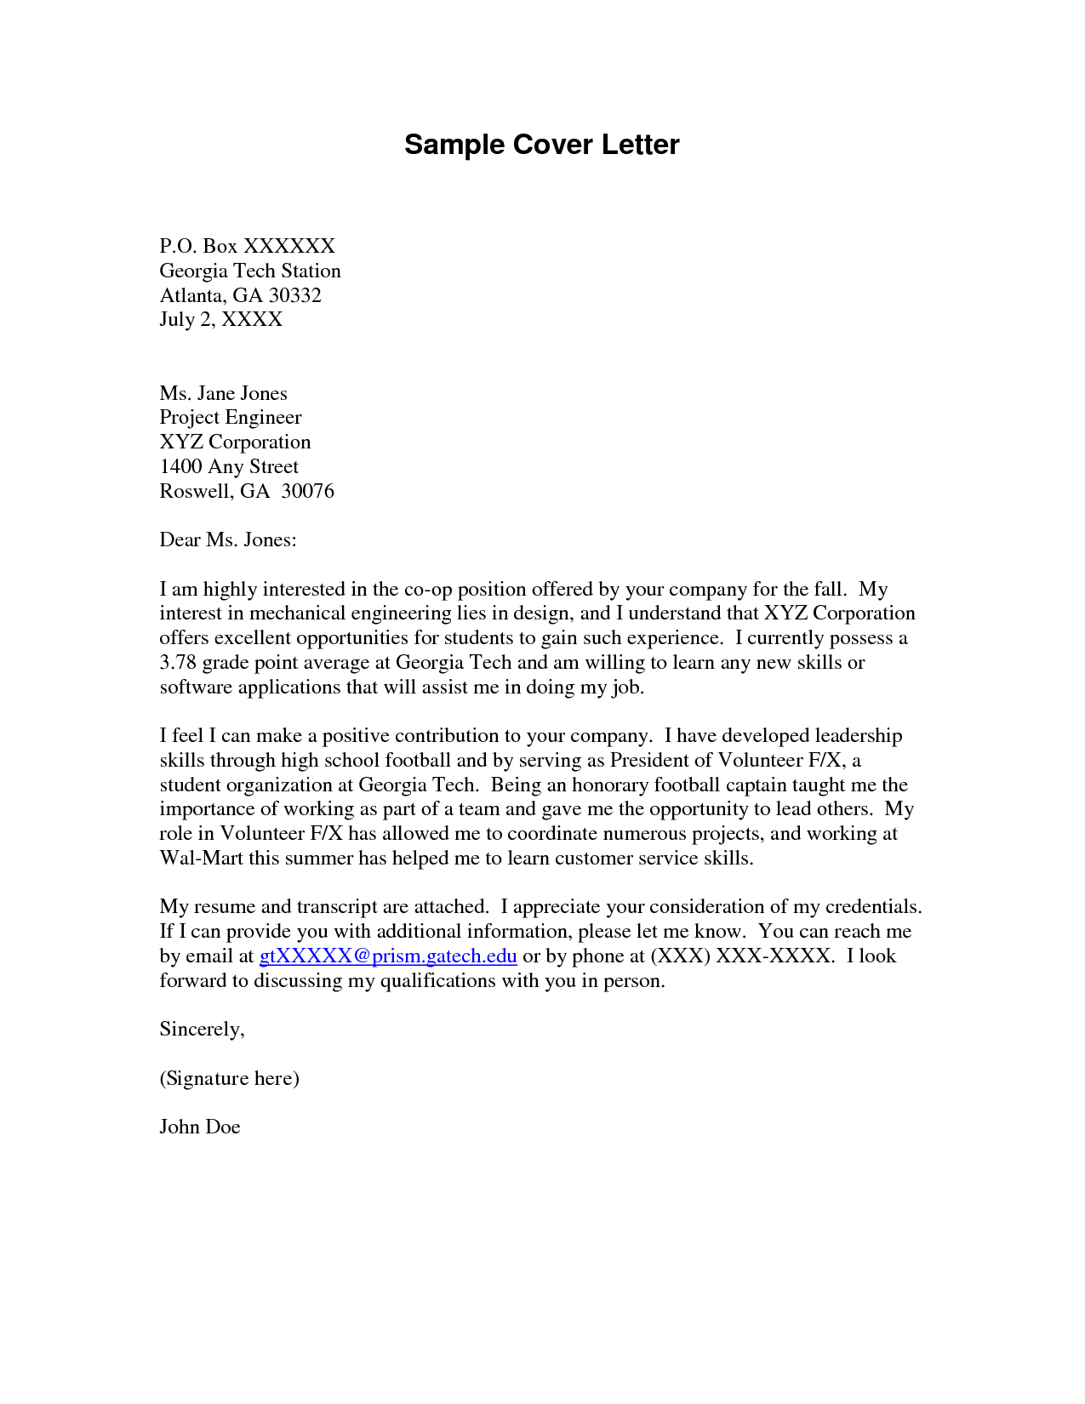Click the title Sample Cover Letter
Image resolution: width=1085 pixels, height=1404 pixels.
541,145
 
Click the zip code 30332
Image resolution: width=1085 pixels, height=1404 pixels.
295,295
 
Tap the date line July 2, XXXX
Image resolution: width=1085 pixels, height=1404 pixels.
220,319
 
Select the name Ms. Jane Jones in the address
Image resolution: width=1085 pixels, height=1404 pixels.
223,393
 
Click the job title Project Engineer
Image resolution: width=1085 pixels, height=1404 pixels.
230,417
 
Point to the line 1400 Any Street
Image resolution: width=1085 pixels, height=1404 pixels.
229,466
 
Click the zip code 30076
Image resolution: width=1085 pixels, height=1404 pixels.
307,491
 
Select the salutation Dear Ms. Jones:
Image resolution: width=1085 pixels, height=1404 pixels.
227,539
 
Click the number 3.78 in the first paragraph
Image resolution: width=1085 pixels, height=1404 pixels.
178,663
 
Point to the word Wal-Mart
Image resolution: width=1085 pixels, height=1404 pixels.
201,858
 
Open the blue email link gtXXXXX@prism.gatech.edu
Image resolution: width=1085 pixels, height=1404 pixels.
388,956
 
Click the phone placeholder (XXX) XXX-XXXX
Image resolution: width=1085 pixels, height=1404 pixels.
740,956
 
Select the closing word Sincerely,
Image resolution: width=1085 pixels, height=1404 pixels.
202,1030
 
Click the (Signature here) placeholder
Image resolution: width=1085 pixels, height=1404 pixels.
229,1078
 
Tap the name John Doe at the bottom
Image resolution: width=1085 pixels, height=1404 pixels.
200,1127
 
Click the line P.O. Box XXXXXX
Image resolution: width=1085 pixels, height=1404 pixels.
247,246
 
